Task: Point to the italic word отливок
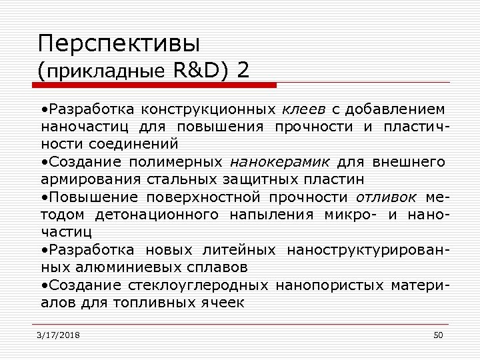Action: pos(387,197)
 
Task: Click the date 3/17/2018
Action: pos(59,335)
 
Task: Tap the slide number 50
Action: pos(438,335)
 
